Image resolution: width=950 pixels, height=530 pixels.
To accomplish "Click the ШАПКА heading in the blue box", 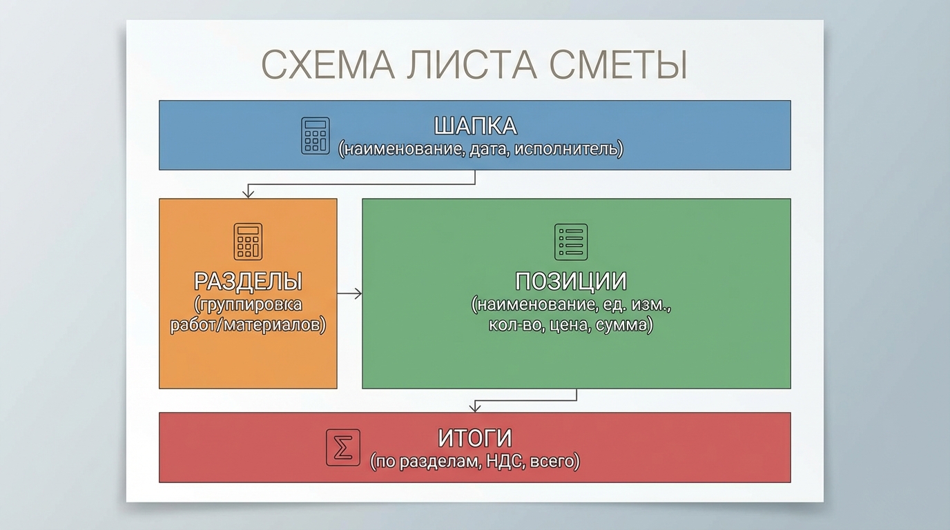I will (x=475, y=126).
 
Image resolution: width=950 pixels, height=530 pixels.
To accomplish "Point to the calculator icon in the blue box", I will (x=316, y=135).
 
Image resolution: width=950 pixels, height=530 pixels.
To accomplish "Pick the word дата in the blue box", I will (x=487, y=148).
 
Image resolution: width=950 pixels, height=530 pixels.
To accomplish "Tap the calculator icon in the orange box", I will (x=248, y=242).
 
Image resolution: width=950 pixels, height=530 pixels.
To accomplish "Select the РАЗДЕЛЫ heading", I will (x=248, y=282).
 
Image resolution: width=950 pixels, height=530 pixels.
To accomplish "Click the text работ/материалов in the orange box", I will (x=248, y=324).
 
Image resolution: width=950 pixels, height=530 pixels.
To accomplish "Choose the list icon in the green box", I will (x=571, y=242).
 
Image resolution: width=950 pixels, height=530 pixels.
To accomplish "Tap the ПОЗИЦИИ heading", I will (x=571, y=282).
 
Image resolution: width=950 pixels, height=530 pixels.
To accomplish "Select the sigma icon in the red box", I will (x=343, y=449).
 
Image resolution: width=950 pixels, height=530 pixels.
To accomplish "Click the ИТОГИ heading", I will (x=475, y=438).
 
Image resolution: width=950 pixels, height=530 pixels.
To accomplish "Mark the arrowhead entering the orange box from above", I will (x=248, y=195).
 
